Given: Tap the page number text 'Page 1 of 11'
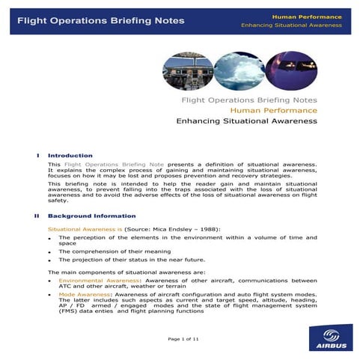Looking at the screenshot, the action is click(x=183, y=339).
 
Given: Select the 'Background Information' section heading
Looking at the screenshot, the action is click(x=87, y=216).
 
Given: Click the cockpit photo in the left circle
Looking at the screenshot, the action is click(x=183, y=70).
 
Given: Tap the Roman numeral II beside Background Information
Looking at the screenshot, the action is click(x=35, y=216).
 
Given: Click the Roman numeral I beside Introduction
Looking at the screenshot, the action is click(x=37, y=155).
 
